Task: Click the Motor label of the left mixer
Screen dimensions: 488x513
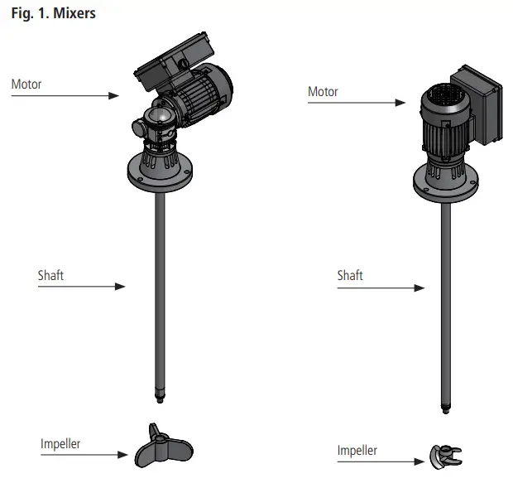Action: click(x=26, y=84)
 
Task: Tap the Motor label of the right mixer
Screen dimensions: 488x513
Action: click(x=323, y=91)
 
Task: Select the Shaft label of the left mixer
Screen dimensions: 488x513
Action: click(x=50, y=275)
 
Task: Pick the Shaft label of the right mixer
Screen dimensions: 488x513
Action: click(x=350, y=275)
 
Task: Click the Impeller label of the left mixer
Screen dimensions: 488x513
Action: click(x=60, y=443)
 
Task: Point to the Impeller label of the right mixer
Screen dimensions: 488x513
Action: click(x=357, y=451)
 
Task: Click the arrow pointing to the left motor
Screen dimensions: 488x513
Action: click(x=65, y=96)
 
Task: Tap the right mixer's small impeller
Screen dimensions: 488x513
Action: click(x=445, y=455)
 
